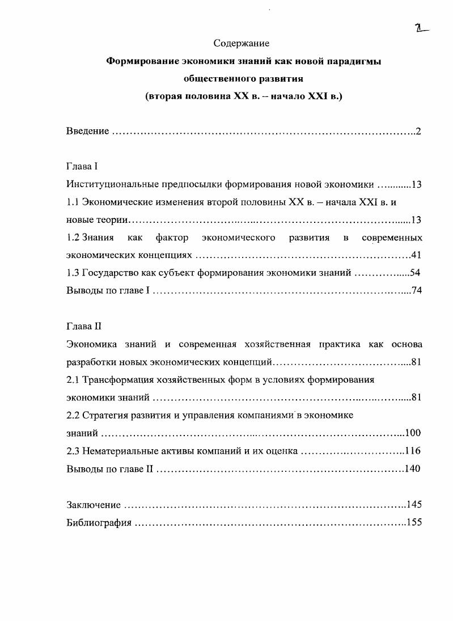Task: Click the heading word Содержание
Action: click(241, 43)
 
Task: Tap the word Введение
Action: click(87, 131)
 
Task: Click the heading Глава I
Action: click(82, 167)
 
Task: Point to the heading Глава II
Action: click(84, 326)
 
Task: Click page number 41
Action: click(416, 255)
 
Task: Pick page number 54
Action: click(415, 273)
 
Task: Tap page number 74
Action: click(416, 291)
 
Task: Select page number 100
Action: click(413, 433)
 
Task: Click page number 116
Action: click(413, 451)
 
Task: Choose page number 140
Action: click(413, 469)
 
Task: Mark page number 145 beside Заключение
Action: click(414, 504)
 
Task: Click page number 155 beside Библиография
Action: click(414, 522)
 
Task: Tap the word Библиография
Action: click(99, 522)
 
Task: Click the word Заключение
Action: click(94, 504)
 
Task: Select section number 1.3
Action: click(73, 273)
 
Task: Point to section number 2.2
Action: click(73, 415)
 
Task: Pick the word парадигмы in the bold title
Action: click(355, 61)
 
